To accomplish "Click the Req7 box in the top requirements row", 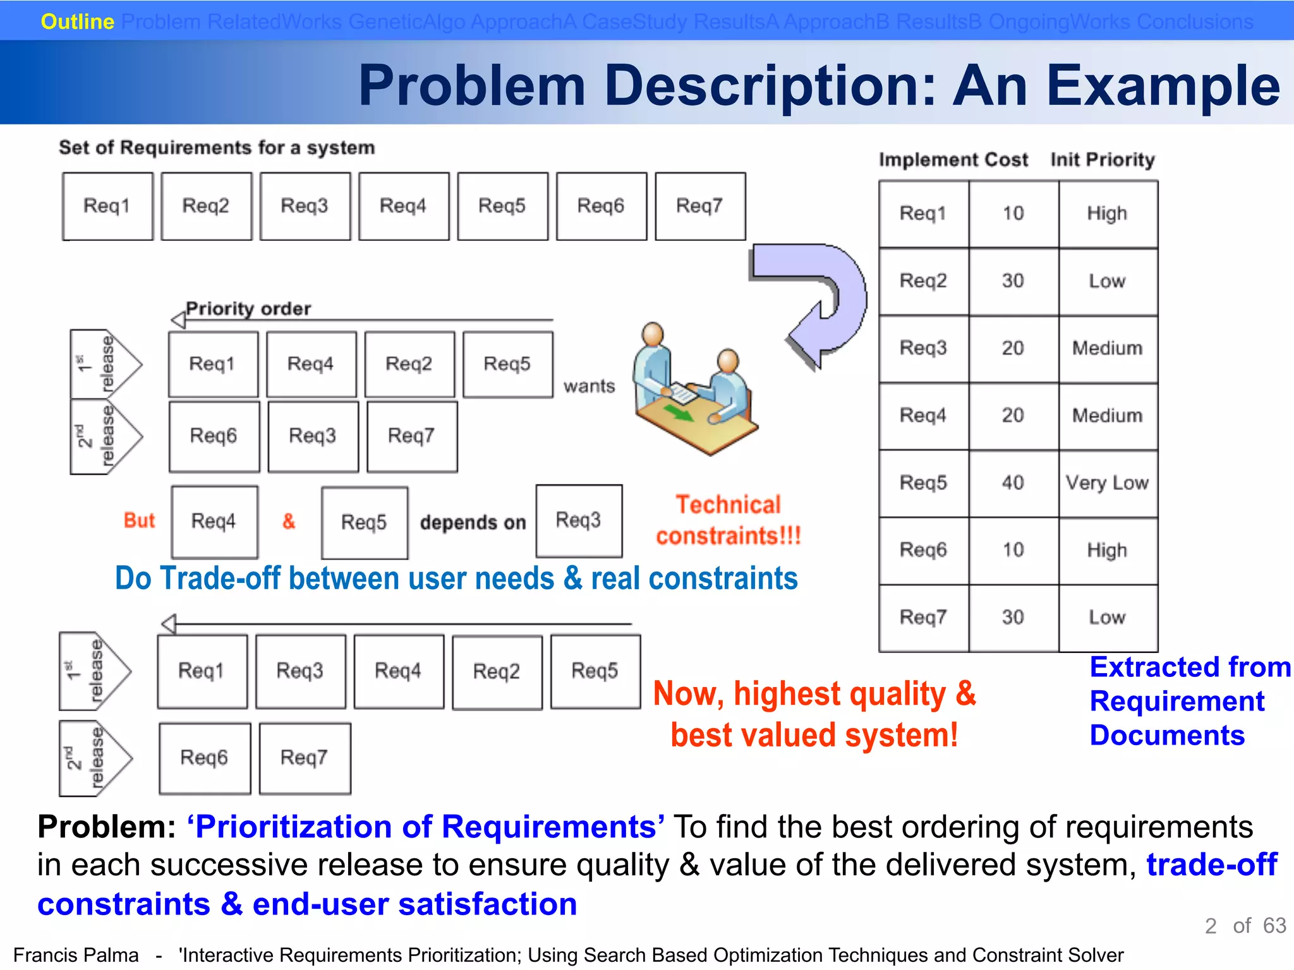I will pyautogui.click(x=700, y=207).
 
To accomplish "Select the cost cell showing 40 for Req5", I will pyautogui.click(x=1013, y=483).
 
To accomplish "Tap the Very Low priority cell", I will pyautogui.click(x=1107, y=483).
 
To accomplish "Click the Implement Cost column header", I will pyautogui.click(x=953, y=160).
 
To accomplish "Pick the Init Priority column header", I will pyautogui.click(x=1103, y=160).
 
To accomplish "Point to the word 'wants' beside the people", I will pyautogui.click(x=589, y=386).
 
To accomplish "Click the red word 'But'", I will pyautogui.click(x=139, y=520).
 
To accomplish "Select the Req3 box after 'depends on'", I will pyautogui.click(x=579, y=521).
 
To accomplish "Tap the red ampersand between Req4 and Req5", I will pyautogui.click(x=289, y=522).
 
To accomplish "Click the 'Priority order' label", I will pyautogui.click(x=248, y=309).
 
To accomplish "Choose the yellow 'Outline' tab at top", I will pyautogui.click(x=77, y=21).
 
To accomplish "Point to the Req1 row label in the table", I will pyautogui.click(x=922, y=213).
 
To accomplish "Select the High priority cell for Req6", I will pyautogui.click(x=1107, y=551).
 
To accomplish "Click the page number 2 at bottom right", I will pyautogui.click(x=1211, y=926).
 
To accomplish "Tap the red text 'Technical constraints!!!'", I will pyautogui.click(x=729, y=520).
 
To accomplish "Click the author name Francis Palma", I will pyautogui.click(x=76, y=955).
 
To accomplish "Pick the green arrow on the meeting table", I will pyautogui.click(x=678, y=414).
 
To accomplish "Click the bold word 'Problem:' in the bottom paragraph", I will pyautogui.click(x=106, y=827).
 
